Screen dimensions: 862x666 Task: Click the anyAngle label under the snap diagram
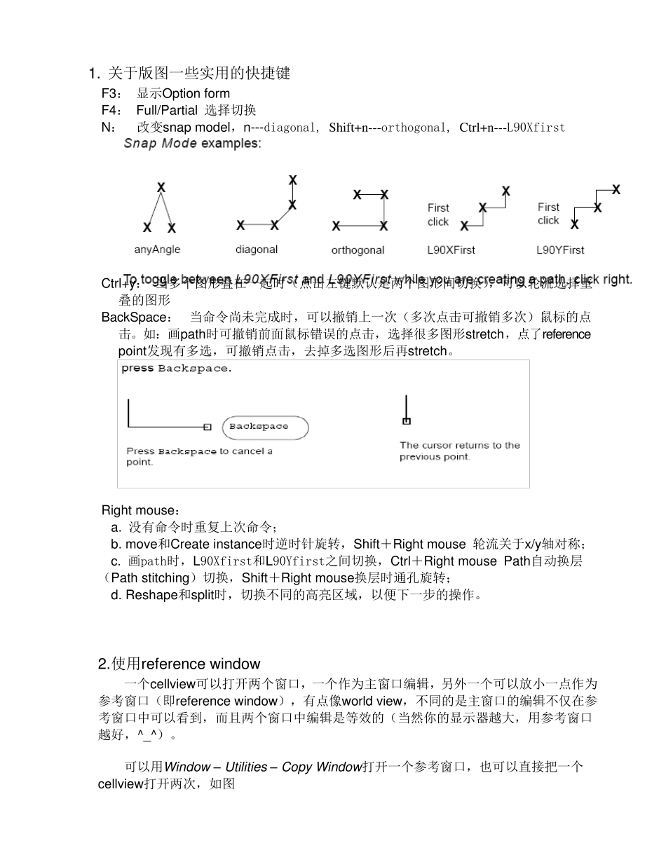tap(157, 249)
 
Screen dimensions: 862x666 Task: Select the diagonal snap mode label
tap(257, 249)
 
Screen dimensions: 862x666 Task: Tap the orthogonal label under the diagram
tap(358, 250)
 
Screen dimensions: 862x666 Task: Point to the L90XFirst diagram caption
tap(451, 250)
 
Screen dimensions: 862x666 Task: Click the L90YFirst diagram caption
tap(559, 250)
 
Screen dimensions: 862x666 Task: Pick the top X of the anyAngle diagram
tap(161, 187)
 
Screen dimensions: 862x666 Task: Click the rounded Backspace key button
tap(265, 427)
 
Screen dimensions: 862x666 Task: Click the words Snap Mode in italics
tap(160, 144)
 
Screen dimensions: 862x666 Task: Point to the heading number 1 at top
tap(92, 74)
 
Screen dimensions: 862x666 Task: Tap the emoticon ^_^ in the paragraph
tap(149, 735)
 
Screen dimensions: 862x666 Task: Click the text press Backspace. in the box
tap(175, 369)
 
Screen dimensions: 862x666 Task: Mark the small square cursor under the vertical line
tap(407, 420)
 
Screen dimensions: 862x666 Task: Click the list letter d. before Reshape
tap(116, 596)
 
